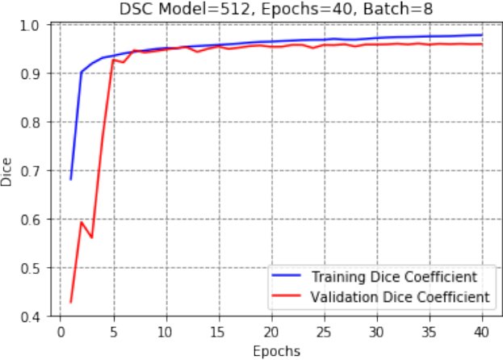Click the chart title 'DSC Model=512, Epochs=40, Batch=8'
pos(276,9)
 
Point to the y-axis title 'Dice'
pos(6,172)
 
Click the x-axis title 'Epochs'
pos(276,351)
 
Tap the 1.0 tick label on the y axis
pos(30,26)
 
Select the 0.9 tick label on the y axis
pos(30,74)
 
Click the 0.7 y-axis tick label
pos(30,171)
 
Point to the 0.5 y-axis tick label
pos(30,268)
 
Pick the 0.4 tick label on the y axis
pos(30,317)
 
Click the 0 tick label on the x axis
pos(61,333)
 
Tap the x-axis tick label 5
pos(114,333)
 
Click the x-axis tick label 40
pos(482,333)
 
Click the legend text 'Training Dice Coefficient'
pos(395,277)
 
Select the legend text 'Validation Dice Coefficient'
pos(400,297)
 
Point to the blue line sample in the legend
pos(286,275)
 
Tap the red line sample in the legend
pos(286,295)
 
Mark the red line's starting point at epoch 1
pos(70,303)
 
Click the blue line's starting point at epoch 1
pos(70,179)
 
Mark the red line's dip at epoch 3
pos(92,237)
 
